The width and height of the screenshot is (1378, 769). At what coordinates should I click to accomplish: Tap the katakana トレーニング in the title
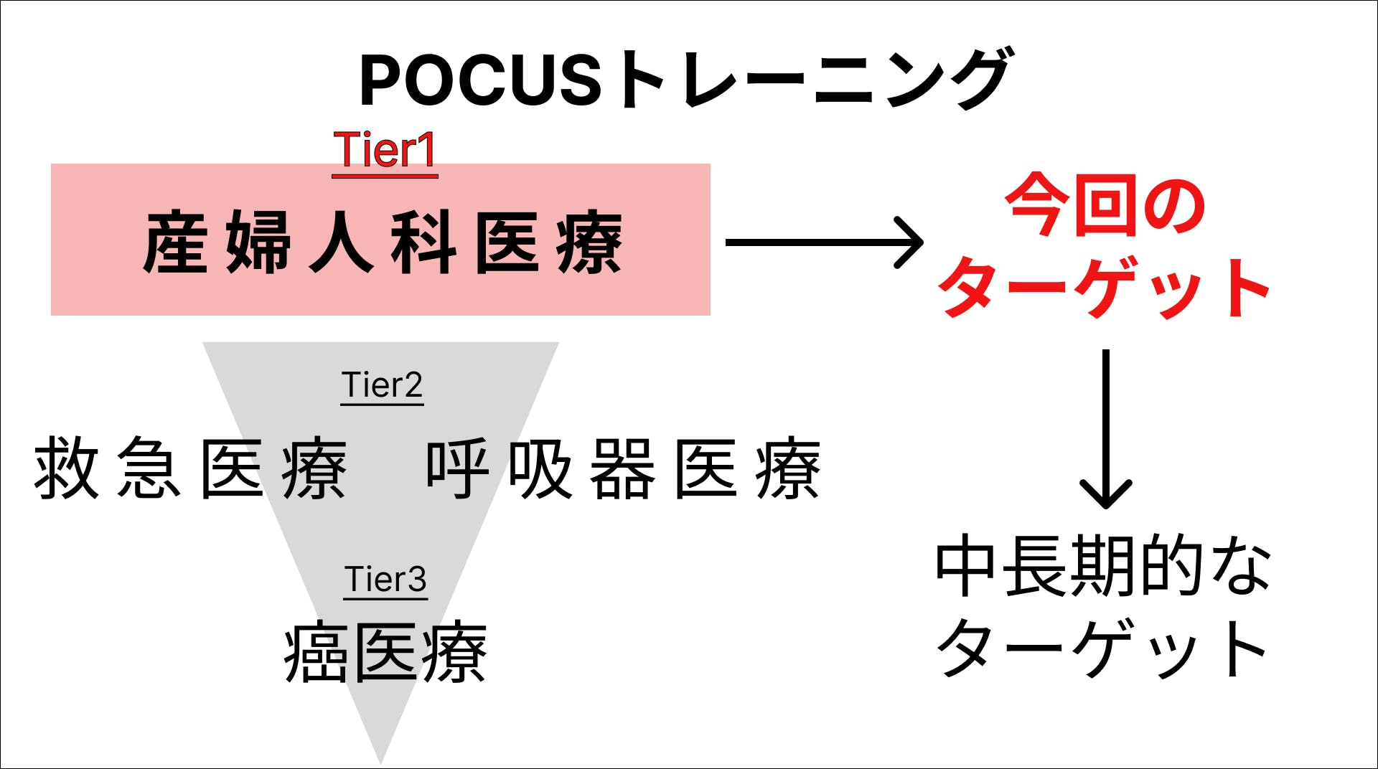click(812, 78)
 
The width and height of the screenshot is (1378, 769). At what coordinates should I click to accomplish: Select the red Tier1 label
click(385, 151)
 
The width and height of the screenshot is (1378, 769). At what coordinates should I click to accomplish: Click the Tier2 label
click(382, 386)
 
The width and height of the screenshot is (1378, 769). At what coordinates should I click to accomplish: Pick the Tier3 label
click(385, 580)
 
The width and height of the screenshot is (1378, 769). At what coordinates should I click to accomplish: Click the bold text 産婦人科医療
click(383, 242)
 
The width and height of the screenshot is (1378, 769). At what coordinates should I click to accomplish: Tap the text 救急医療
click(190, 468)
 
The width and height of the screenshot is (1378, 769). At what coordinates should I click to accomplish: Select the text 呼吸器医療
click(623, 468)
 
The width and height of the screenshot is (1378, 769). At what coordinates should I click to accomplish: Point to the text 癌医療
click(385, 652)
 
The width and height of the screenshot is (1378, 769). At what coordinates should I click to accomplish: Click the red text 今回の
click(1105, 205)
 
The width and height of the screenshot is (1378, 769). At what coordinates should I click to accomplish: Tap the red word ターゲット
click(1104, 287)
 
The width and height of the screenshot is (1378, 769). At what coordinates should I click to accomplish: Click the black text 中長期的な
click(1103, 565)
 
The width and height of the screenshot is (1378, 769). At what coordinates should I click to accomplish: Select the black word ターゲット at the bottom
click(1103, 648)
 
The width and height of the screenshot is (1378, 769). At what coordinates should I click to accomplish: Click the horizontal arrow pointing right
click(824, 242)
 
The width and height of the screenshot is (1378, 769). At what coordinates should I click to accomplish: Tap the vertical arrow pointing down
click(1106, 429)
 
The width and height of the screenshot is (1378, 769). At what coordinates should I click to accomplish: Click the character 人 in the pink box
click(342, 242)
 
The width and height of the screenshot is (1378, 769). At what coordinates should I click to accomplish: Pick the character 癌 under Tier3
click(317, 652)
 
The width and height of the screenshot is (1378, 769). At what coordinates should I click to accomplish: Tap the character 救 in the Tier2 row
click(66, 468)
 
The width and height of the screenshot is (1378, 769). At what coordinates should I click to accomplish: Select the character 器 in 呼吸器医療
click(623, 468)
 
